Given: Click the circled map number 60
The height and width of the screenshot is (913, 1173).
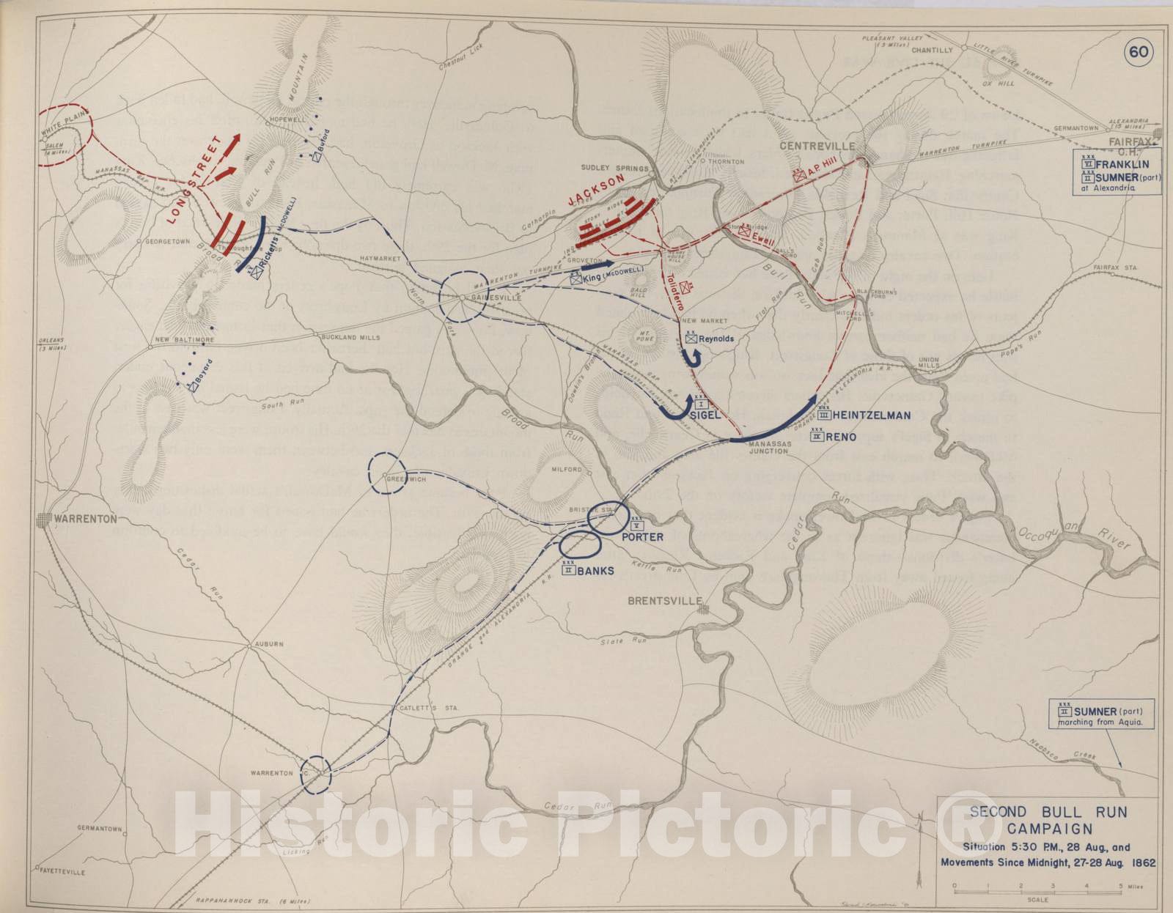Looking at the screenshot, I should tap(1139, 51).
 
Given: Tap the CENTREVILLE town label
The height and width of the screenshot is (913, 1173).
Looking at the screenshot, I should tap(817, 146).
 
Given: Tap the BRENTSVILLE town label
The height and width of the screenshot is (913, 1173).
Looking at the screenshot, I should tap(664, 601).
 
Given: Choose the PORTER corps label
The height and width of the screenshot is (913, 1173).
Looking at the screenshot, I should tap(642, 537).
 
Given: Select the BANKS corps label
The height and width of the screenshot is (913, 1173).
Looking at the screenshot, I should tap(595, 571).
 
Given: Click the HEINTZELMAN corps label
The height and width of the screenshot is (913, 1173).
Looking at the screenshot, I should tap(872, 415).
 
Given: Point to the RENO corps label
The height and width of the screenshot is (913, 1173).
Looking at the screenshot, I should tap(840, 437).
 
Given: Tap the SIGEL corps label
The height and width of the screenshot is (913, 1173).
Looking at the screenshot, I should tap(705, 415).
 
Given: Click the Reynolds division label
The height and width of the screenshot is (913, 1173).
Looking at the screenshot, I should tap(716, 339).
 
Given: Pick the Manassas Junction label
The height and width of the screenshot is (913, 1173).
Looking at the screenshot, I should tap(768, 448).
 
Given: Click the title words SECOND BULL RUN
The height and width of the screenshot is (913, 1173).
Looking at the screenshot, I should tap(1048, 812).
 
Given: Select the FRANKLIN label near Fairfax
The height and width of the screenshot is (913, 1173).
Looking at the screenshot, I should tap(1122, 165).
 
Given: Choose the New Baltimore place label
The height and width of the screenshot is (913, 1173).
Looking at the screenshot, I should tap(184, 340).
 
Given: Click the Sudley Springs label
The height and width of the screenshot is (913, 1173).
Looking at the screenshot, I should tap(614, 168).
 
